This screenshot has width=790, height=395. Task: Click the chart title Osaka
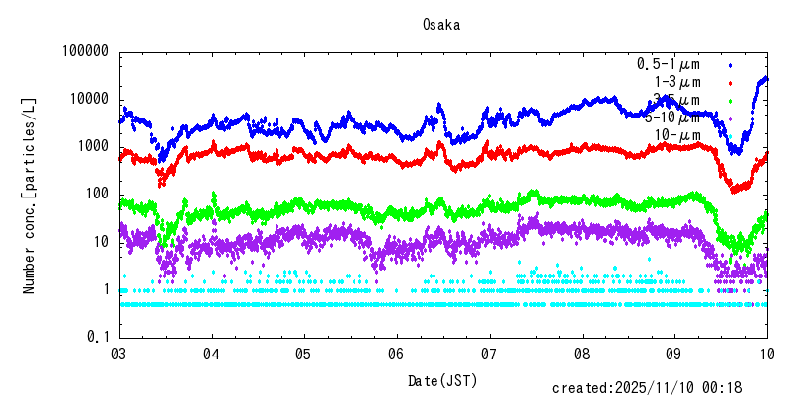coord(441,24)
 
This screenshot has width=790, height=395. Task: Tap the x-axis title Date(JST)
coord(442,380)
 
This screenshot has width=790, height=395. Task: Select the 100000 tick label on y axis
coord(83,51)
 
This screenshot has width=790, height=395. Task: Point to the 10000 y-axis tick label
coord(87,99)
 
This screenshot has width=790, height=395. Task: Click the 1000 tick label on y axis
coord(91,146)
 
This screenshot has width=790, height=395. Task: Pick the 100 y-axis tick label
coord(95,194)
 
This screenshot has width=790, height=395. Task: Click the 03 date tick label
coord(118,354)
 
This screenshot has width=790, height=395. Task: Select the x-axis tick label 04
coord(211,354)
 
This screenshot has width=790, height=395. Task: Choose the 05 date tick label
coord(303,354)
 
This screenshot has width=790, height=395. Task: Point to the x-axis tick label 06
coord(396,354)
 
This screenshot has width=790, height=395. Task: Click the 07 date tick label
coord(489,354)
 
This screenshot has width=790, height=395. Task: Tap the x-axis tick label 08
coord(582,354)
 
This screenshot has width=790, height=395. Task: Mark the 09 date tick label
coord(673,354)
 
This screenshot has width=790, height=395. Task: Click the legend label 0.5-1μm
coord(668,64)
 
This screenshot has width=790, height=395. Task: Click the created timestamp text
coord(660,387)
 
